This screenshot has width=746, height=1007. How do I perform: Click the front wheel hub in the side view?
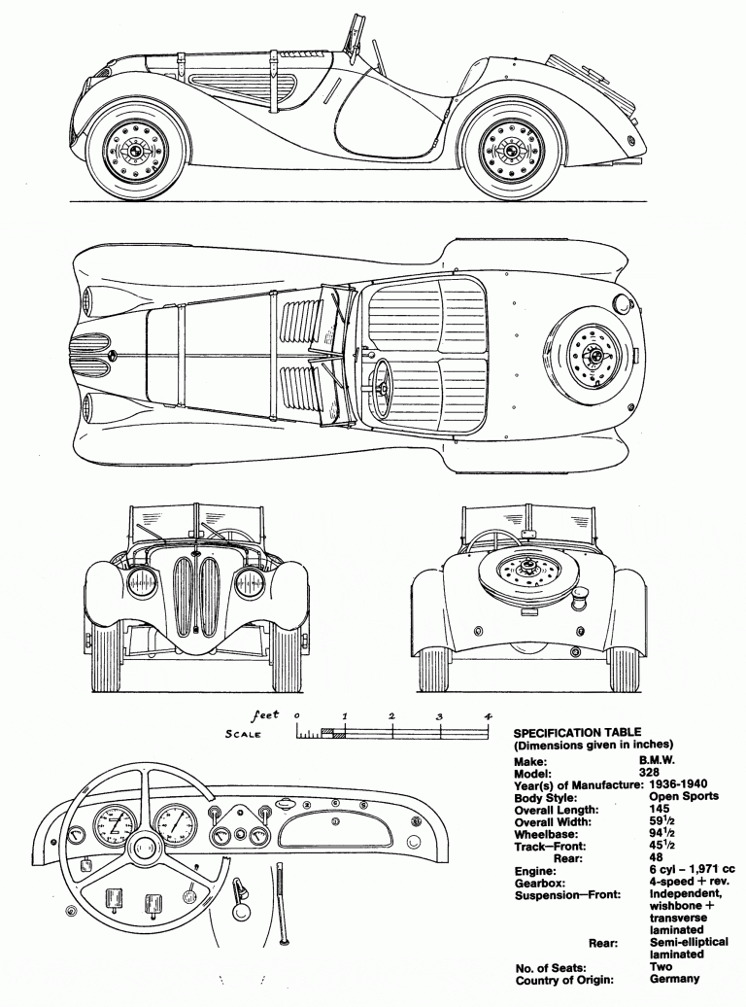(136, 151)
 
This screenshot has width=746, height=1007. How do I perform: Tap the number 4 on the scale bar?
(488, 716)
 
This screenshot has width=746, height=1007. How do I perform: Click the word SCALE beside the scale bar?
(243, 734)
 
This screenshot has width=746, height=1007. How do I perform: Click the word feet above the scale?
(264, 714)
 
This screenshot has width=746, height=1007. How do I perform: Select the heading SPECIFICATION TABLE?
(577, 732)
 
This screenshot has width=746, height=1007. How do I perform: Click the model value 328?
(660, 774)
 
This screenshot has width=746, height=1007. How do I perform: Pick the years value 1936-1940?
(678, 784)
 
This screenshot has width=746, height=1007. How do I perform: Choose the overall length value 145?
(659, 809)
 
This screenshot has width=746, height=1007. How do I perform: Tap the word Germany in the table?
(673, 979)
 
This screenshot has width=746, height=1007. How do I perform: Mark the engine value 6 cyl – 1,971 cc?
(692, 870)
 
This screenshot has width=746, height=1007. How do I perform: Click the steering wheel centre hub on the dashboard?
(143, 849)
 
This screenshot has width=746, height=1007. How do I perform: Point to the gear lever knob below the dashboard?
(241, 910)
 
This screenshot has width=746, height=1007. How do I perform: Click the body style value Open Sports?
(684, 797)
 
